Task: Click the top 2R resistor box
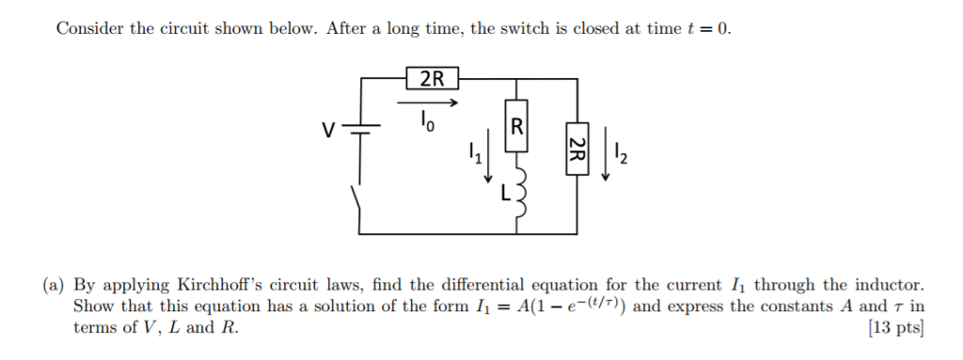pos(432,79)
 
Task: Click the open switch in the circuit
pos(357,207)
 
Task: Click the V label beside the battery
pos(328,129)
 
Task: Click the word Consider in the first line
pos(89,28)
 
